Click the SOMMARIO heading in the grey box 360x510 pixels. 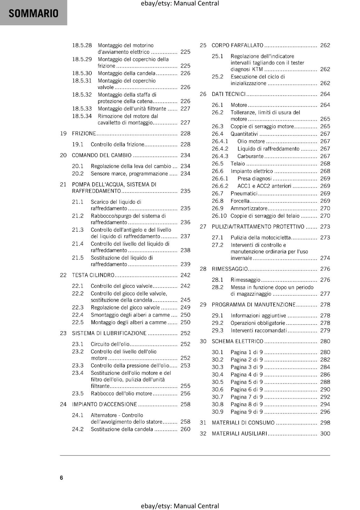33,13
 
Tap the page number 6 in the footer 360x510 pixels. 61,477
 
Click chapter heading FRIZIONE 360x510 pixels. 84,134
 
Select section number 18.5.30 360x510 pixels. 82,73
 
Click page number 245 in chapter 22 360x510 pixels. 185,300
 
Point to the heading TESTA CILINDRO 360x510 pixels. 93,275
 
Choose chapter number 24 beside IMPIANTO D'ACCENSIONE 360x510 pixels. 63,404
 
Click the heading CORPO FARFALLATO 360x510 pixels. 237,45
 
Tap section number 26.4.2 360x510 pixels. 220,149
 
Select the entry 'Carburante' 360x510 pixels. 250,156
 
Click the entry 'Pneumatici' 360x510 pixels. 244,193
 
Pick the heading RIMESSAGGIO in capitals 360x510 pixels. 230,269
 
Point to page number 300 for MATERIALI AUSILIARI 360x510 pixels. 325,433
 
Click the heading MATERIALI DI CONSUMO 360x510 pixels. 243,423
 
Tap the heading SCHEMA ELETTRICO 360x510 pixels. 237,341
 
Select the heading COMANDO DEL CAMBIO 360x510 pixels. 102,155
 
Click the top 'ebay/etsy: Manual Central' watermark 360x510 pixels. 180,4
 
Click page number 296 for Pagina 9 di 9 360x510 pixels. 325,412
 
